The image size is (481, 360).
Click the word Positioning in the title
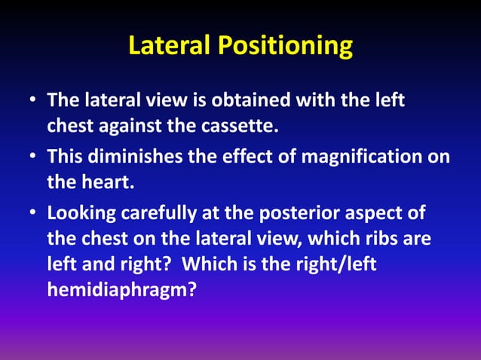pyautogui.click(x=286, y=47)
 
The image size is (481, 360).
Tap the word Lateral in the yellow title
pyautogui.click(x=170, y=47)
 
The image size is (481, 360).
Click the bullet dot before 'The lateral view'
pyautogui.click(x=32, y=101)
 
